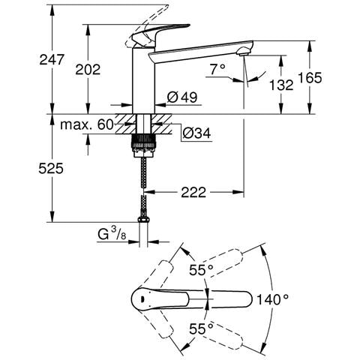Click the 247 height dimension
click(x=52, y=60)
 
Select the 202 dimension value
click(x=88, y=69)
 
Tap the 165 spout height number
click(x=310, y=78)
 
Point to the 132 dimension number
click(x=281, y=85)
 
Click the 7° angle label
click(x=217, y=69)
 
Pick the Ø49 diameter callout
click(x=182, y=97)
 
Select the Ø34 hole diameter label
click(x=196, y=133)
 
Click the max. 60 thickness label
click(x=87, y=124)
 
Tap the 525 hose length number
click(x=51, y=168)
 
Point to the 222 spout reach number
click(x=193, y=192)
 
